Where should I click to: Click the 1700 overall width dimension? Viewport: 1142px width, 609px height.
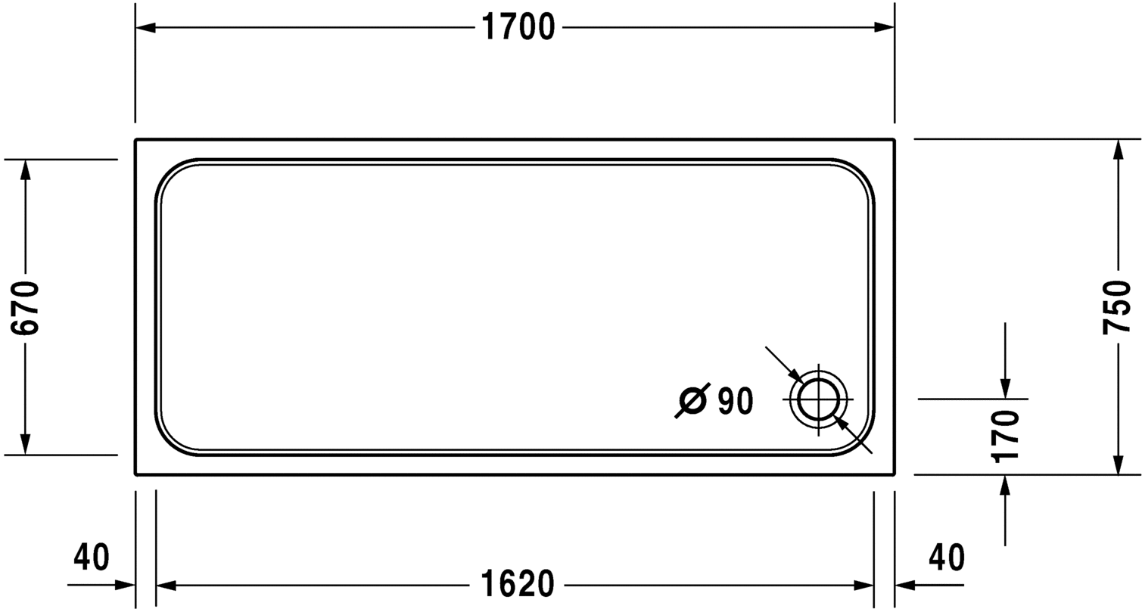point(518,27)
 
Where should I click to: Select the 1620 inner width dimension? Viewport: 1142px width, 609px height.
point(518,584)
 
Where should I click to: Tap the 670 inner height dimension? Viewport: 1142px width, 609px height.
point(25,307)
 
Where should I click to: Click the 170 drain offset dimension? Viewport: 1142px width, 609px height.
point(1006,437)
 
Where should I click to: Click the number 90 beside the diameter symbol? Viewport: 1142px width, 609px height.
point(735,401)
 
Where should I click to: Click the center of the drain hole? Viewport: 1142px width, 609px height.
point(819,399)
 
